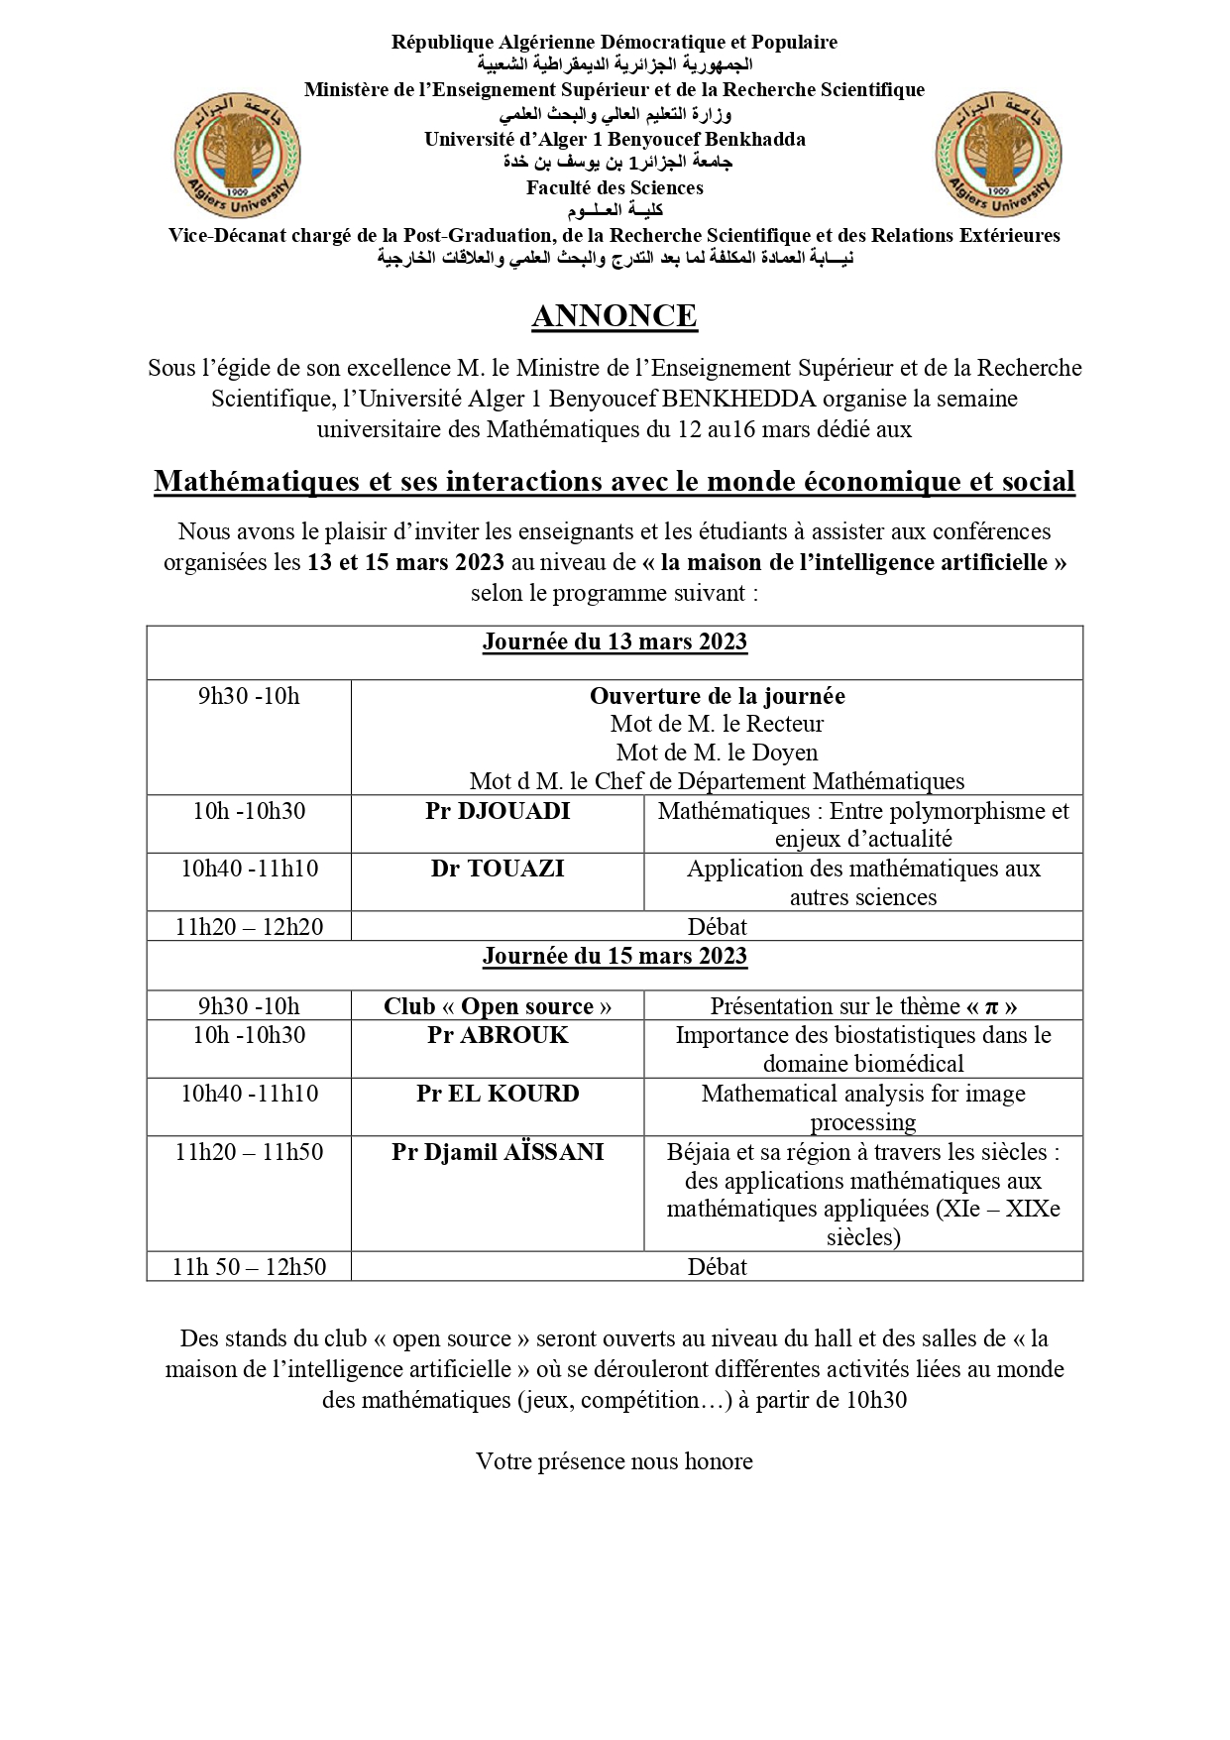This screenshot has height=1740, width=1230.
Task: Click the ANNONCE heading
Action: point(615,316)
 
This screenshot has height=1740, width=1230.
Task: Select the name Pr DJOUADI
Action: point(498,811)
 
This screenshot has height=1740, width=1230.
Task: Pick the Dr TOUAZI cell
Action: point(498,869)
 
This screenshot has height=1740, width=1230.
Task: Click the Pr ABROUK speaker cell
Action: point(498,1035)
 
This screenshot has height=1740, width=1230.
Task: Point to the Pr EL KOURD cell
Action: point(498,1094)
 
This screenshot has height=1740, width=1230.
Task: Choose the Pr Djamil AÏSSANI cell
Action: point(498,1152)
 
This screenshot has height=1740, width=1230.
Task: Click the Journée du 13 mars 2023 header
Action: point(615,642)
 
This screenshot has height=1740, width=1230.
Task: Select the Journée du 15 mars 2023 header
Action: point(615,956)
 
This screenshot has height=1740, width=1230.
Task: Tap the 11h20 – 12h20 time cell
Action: point(249,927)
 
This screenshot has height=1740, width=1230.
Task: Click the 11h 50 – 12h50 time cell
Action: point(249,1267)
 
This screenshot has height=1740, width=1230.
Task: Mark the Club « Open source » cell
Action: point(498,1006)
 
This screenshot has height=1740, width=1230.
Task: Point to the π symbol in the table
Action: point(990,1007)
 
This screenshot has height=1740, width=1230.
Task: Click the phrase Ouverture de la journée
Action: point(717,696)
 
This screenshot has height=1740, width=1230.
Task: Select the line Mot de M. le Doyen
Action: point(717,753)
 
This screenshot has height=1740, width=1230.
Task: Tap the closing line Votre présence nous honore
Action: point(615,1461)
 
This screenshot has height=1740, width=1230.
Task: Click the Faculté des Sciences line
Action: point(615,187)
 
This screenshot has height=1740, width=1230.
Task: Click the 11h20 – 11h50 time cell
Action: point(249,1152)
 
